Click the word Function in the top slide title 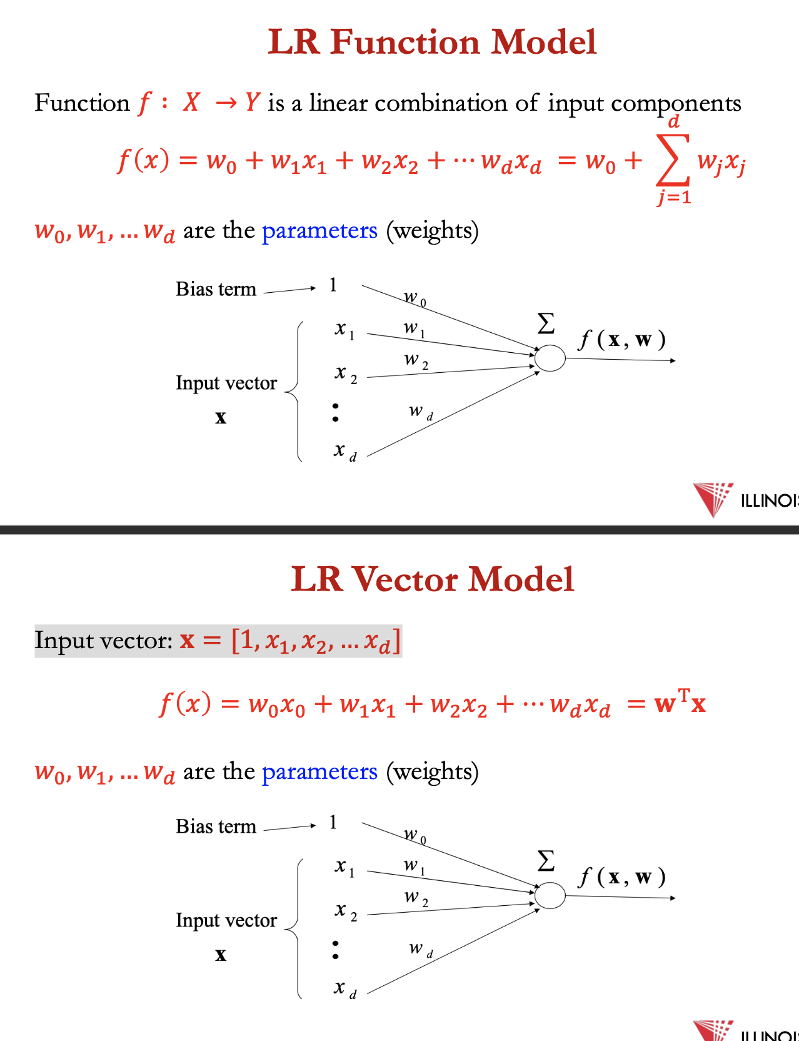405,42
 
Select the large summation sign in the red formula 673,160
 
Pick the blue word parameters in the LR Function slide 319,231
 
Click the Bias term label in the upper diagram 216,289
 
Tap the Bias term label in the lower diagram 216,826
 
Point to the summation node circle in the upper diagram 550,358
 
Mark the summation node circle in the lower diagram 550,895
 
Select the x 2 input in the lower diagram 345,911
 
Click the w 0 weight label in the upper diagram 415,298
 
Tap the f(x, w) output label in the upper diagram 622,340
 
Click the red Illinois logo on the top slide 713,499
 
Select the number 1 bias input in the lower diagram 333,822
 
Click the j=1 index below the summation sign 674,198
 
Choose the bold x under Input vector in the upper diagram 221,417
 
